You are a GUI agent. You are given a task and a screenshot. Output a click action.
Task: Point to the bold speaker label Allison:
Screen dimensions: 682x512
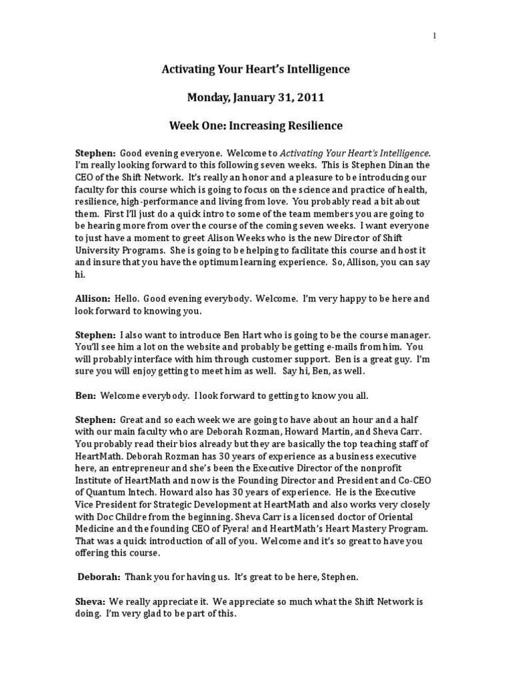point(93,300)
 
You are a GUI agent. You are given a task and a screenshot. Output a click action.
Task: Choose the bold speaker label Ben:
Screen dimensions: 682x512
point(85,396)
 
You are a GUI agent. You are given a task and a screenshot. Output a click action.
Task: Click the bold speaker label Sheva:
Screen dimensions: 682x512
point(90,601)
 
